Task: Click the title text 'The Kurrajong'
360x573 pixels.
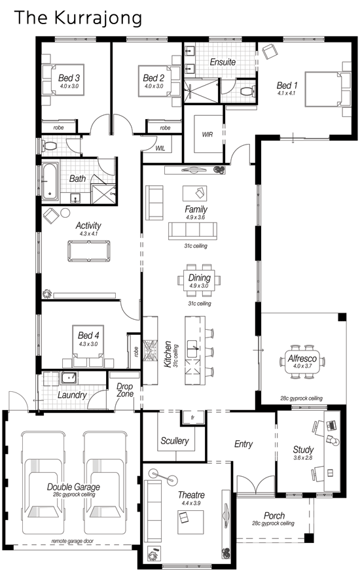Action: click(x=78, y=18)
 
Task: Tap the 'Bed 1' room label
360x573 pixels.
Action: click(x=287, y=85)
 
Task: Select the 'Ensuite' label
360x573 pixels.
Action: click(x=223, y=62)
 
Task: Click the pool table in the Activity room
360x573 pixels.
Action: click(x=88, y=250)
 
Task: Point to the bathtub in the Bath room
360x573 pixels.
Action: click(x=50, y=181)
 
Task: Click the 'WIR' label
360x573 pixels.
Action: click(x=207, y=134)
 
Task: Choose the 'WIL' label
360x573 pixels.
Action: click(x=160, y=148)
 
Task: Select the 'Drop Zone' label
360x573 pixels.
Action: click(x=124, y=391)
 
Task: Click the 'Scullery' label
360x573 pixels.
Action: click(x=175, y=441)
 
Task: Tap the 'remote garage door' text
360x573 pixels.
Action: click(x=71, y=541)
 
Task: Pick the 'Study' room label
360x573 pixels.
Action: click(x=303, y=450)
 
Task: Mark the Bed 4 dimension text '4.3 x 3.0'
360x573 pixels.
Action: click(x=88, y=343)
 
